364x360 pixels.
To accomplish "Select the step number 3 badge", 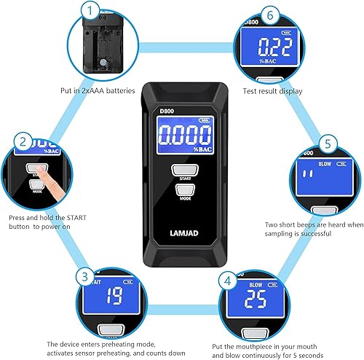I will point(86,277).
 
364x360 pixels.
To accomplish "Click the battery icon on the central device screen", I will point(202,121).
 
